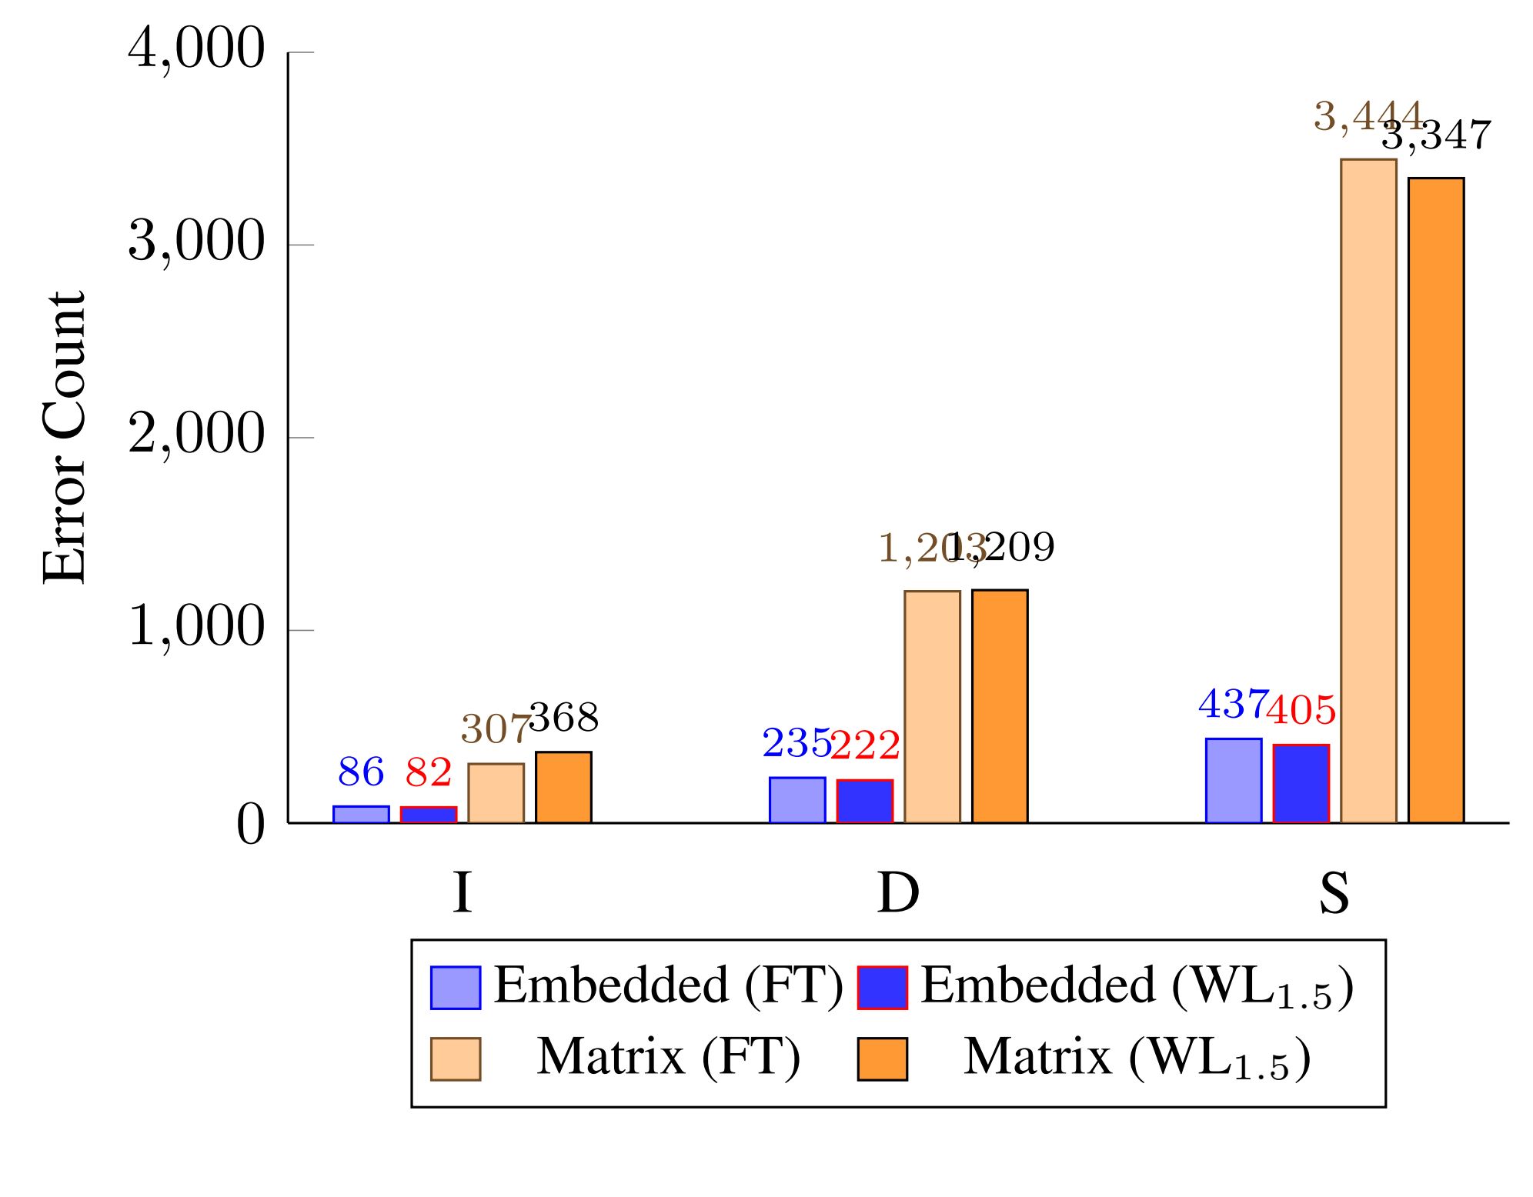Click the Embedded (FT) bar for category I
click(360, 814)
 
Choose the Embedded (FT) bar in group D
click(797, 800)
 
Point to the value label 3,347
click(1436, 136)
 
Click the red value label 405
click(1301, 710)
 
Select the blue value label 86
click(360, 772)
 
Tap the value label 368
click(564, 719)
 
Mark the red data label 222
click(865, 745)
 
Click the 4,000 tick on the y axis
click(196, 50)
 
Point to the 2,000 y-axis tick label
click(196, 435)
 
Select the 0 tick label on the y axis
click(250, 825)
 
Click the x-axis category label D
click(898, 893)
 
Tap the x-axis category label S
click(1334, 893)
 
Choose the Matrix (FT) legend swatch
click(455, 1059)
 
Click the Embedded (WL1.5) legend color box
click(882, 987)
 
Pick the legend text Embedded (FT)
click(668, 985)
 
